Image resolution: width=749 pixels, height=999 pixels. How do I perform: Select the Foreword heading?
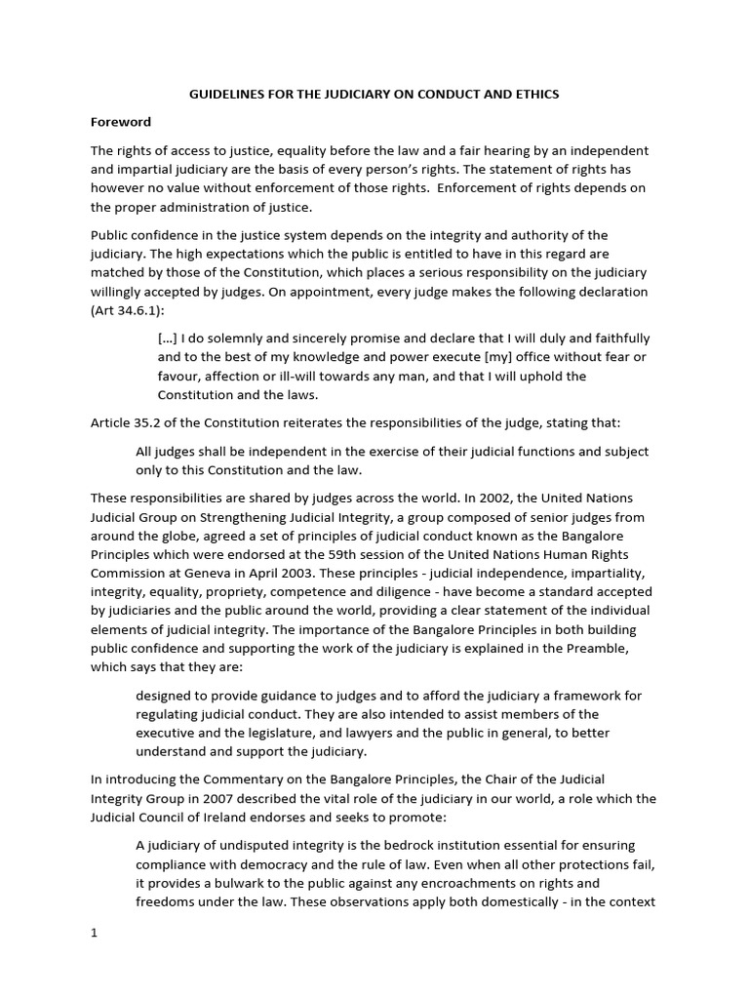pos(121,123)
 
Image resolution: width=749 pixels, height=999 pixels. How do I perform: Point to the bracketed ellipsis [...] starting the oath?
pos(167,339)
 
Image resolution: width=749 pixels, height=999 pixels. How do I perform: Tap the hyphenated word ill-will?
pos(280,376)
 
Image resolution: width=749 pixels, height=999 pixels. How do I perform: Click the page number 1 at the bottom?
pos(95,932)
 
